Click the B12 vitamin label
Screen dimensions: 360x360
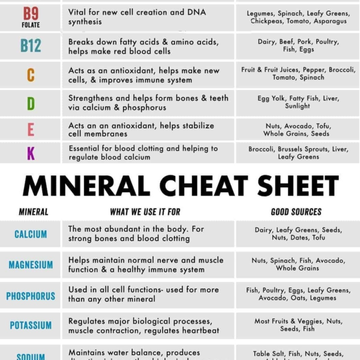(x=31, y=46)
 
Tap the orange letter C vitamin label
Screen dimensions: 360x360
(x=31, y=76)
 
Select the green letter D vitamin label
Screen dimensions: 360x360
(x=31, y=103)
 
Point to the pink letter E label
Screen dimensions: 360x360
(x=31, y=129)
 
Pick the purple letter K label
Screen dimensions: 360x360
(x=31, y=153)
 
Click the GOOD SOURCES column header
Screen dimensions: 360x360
(x=296, y=212)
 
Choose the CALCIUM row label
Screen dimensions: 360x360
(x=31, y=234)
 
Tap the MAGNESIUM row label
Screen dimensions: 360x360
(x=31, y=265)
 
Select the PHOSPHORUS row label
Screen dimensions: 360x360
(x=31, y=296)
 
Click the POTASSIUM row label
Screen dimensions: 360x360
(x=31, y=326)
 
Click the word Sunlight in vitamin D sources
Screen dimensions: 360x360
(x=298, y=106)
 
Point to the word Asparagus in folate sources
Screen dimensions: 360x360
(x=329, y=22)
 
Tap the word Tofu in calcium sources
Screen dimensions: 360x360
(x=318, y=238)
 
